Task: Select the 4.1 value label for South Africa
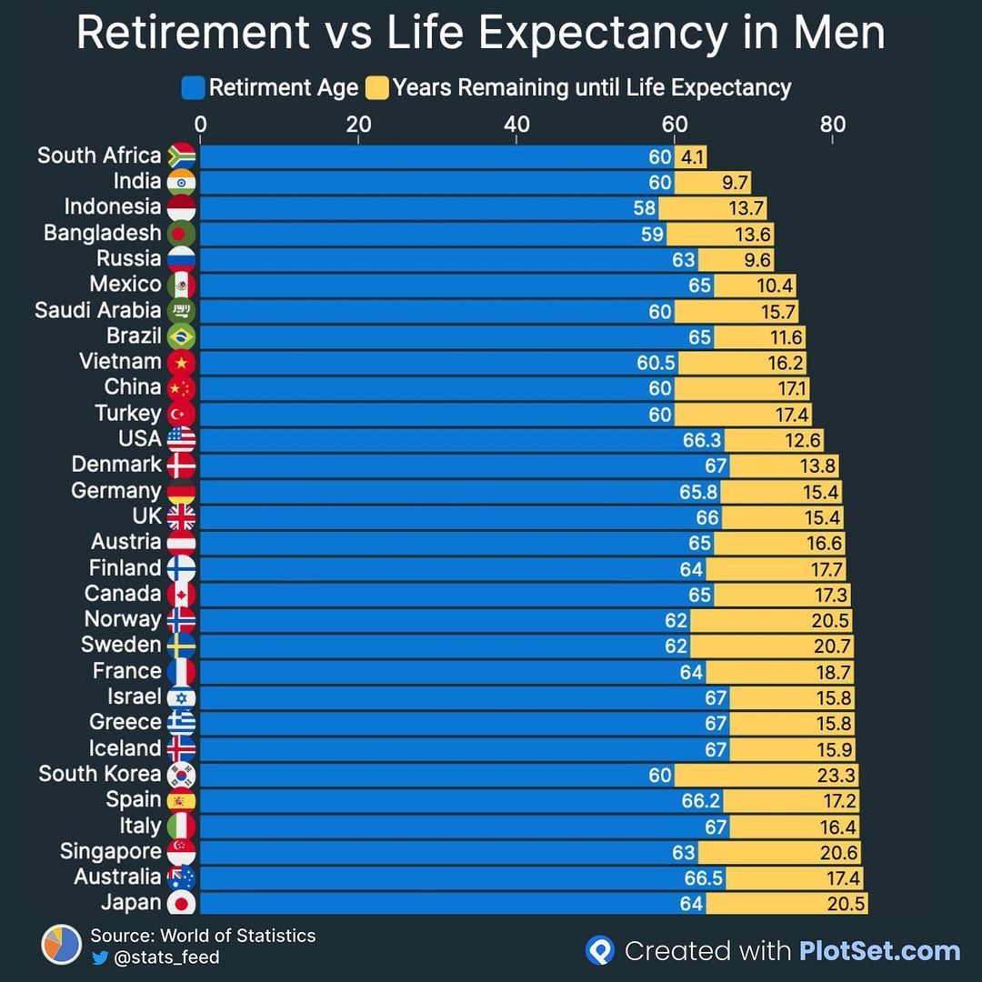click(693, 156)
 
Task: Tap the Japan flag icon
click(182, 903)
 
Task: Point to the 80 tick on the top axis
click(832, 125)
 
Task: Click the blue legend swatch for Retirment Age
click(193, 88)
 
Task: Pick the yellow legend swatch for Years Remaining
click(377, 88)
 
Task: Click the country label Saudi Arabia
click(97, 310)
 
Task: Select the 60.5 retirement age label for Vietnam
click(656, 363)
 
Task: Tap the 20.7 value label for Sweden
click(834, 646)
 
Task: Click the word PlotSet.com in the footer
click(879, 951)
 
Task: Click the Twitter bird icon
click(100, 957)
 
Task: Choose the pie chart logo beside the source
click(62, 945)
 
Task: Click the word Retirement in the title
click(192, 33)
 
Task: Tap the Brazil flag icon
click(182, 336)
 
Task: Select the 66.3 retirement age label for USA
click(702, 440)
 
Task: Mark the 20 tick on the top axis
click(358, 125)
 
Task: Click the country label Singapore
click(110, 852)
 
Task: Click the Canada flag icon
click(182, 594)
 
